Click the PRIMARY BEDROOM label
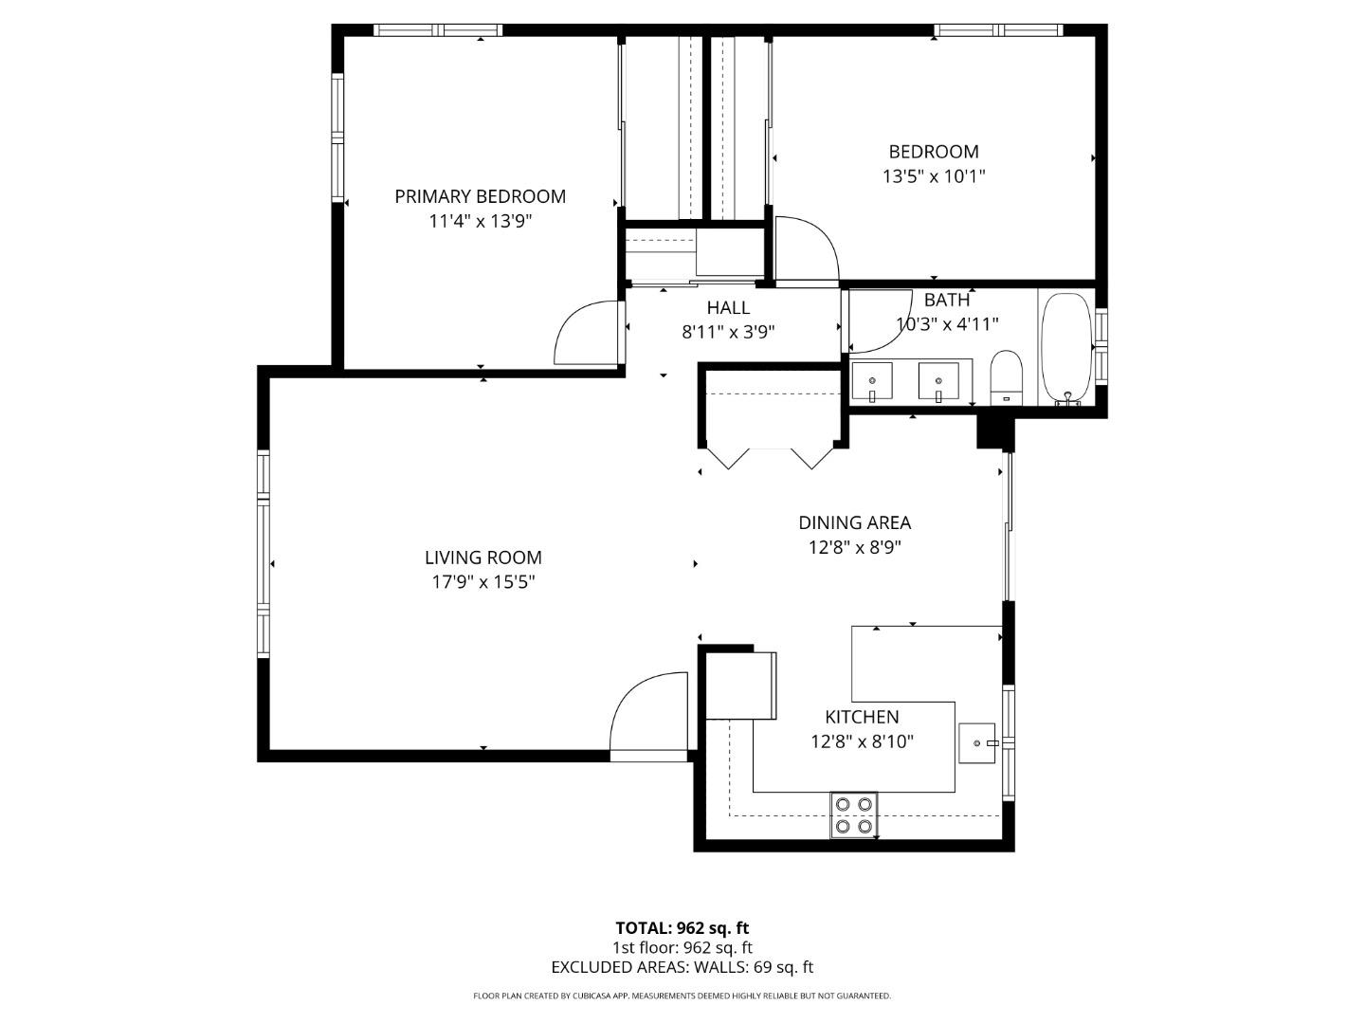pyautogui.click(x=480, y=196)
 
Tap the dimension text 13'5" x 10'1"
pyautogui.click(x=934, y=175)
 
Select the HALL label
pyautogui.click(x=728, y=307)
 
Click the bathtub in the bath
pyautogui.click(x=1068, y=349)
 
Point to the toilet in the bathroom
pyautogui.click(x=1006, y=375)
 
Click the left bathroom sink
pyautogui.click(x=871, y=381)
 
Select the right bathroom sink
pyautogui.click(x=938, y=381)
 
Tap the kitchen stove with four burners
pyautogui.click(x=853, y=814)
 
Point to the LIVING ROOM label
pyautogui.click(x=482, y=558)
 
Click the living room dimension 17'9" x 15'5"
pyautogui.click(x=482, y=582)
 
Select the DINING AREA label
pyautogui.click(x=854, y=522)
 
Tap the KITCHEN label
pyautogui.click(x=862, y=717)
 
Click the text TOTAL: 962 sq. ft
pyautogui.click(x=682, y=927)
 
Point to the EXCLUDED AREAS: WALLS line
pyautogui.click(x=682, y=967)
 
